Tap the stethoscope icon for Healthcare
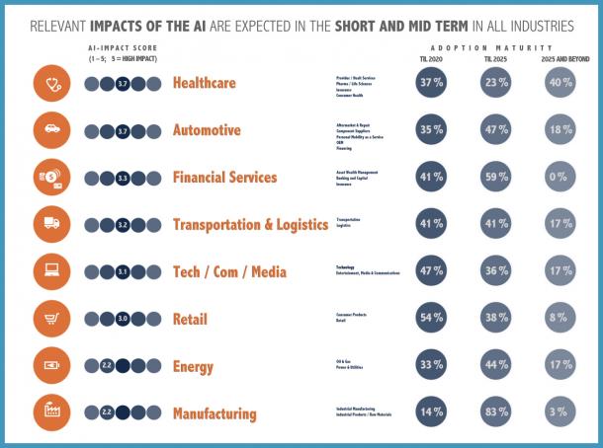pyautogui.click(x=50, y=83)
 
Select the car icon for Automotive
pyautogui.click(x=50, y=130)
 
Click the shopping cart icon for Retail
pyautogui.click(x=50, y=319)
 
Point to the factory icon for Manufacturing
pyautogui.click(x=50, y=413)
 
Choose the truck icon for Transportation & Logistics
pyautogui.click(x=50, y=225)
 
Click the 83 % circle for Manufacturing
pyautogui.click(x=497, y=413)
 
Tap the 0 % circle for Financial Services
pyautogui.click(x=560, y=178)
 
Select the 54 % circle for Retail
pyautogui.click(x=433, y=319)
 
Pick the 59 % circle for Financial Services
pyautogui.click(x=497, y=178)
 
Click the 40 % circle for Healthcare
pyautogui.click(x=560, y=83)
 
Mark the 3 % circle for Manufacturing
pyautogui.click(x=560, y=413)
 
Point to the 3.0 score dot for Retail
pyautogui.click(x=123, y=319)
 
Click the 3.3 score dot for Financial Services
pyautogui.click(x=123, y=178)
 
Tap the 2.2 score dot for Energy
pyautogui.click(x=107, y=366)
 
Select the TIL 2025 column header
pyautogui.click(x=497, y=59)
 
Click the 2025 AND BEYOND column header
pyautogui.click(x=560, y=59)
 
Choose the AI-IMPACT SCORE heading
pyautogui.click(x=123, y=47)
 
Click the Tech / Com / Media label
pyautogui.click(x=229, y=272)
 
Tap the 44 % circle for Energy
pyautogui.click(x=497, y=366)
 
